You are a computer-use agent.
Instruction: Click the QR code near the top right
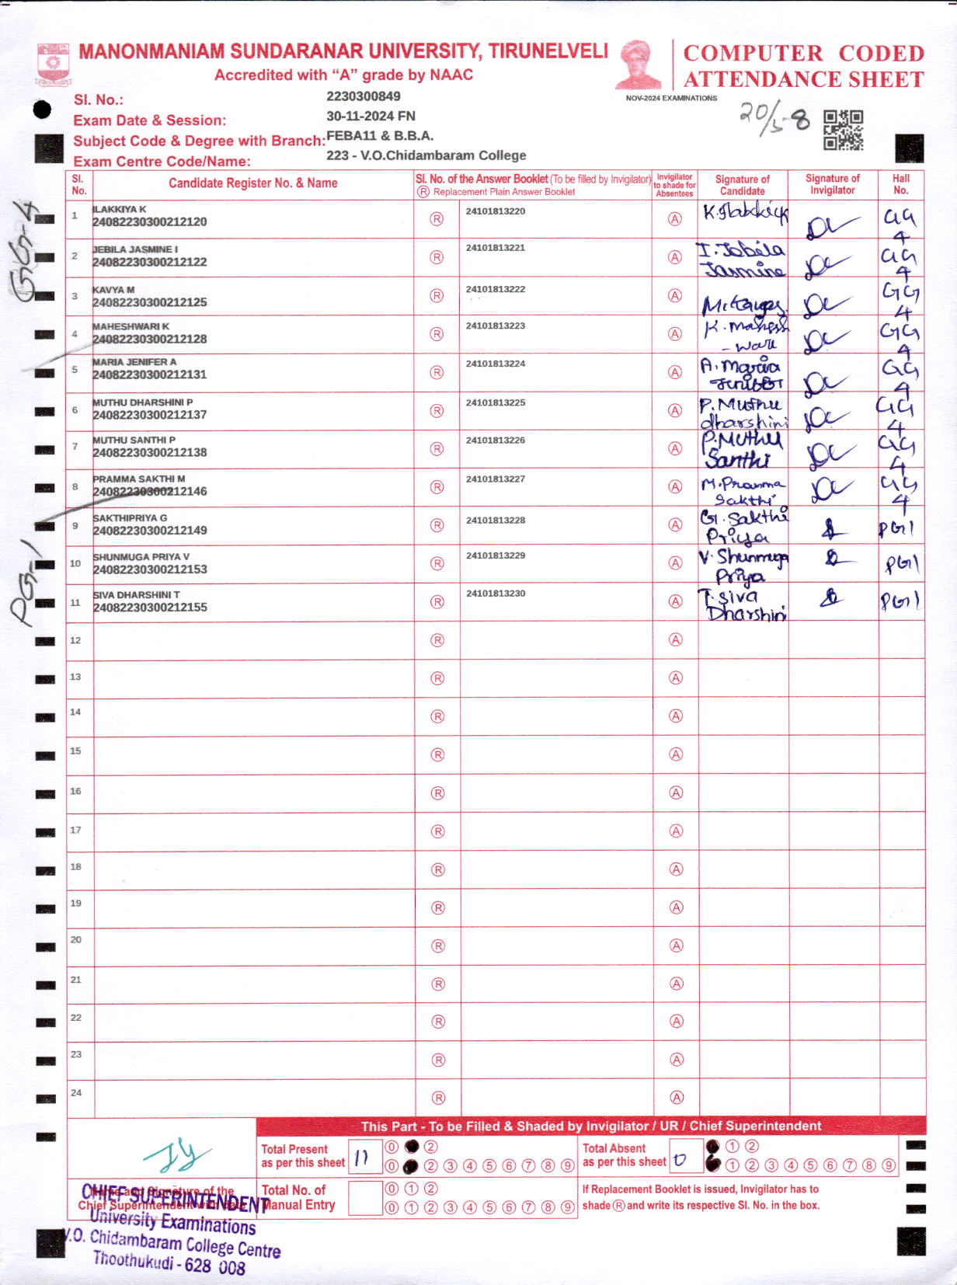coord(843,130)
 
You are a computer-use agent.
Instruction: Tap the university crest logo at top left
coord(53,64)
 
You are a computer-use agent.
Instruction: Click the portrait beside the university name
coord(639,65)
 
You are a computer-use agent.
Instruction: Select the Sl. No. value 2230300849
coord(364,96)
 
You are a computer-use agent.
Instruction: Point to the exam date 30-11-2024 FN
coord(371,116)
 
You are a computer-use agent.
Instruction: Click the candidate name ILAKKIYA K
coord(120,209)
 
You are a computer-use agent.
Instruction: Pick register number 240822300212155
coord(150,608)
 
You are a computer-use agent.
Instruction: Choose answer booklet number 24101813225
coord(496,402)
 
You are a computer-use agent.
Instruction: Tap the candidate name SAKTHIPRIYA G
coord(130,517)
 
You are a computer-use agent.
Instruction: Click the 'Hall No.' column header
coord(900,184)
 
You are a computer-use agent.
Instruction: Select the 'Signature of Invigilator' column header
coord(832,184)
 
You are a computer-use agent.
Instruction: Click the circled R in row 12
coord(437,640)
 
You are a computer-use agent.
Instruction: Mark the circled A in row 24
coord(677,1097)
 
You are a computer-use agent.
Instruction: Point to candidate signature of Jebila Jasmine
coord(741,259)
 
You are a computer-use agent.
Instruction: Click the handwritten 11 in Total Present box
coord(361,1158)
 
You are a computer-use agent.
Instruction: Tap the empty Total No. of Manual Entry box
coord(365,1198)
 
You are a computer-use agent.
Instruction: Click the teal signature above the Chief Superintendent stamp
coord(177,1156)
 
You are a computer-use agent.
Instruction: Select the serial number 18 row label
coord(76,866)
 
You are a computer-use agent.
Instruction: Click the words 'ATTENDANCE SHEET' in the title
coord(803,79)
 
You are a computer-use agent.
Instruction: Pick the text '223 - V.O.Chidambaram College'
coord(426,155)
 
